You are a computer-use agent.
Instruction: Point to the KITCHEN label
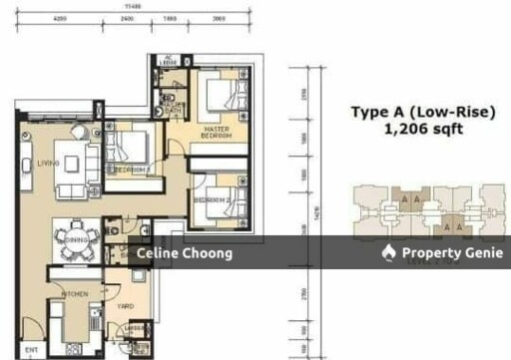[x=75, y=294]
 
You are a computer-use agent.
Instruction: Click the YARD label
[x=127, y=306]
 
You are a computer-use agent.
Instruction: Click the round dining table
[x=75, y=239]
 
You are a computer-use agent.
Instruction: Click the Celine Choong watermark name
[x=186, y=253]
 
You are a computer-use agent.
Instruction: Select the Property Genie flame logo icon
[x=389, y=253]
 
